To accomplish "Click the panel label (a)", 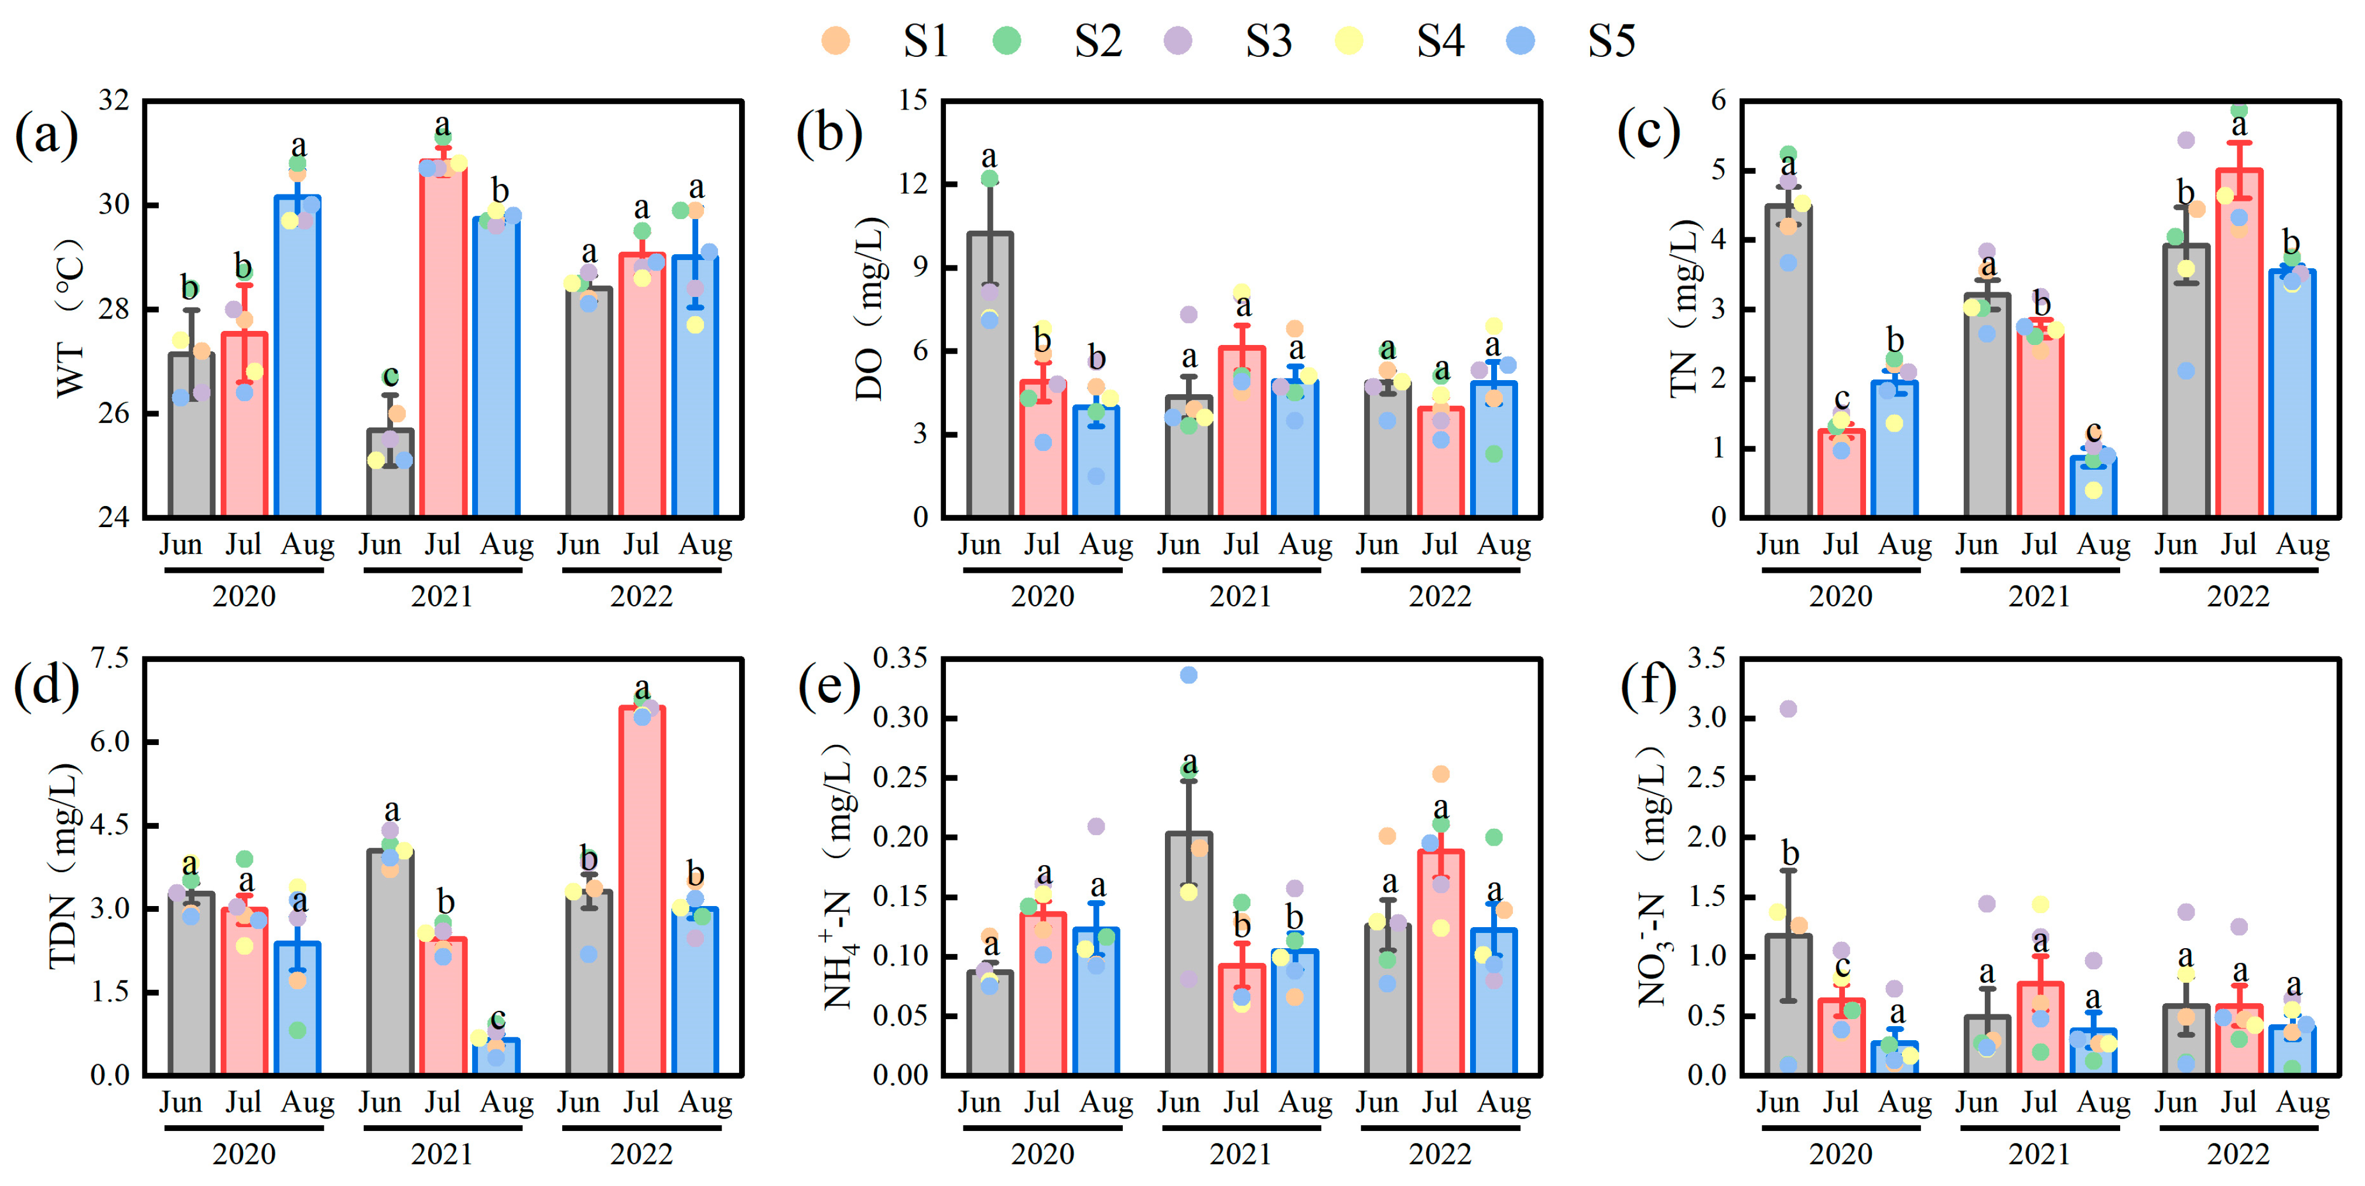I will [x=46, y=134].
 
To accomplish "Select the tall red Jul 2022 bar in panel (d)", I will [x=642, y=890].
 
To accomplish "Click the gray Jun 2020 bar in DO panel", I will [x=990, y=377].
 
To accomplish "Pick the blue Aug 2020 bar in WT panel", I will [x=298, y=358].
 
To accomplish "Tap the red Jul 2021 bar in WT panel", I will [x=443, y=340].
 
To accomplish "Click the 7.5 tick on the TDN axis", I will [x=110, y=658].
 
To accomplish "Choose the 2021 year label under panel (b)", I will [x=1240, y=597].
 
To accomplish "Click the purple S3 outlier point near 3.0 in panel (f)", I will [x=1788, y=709].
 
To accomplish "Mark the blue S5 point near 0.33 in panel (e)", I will [x=1188, y=675].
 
